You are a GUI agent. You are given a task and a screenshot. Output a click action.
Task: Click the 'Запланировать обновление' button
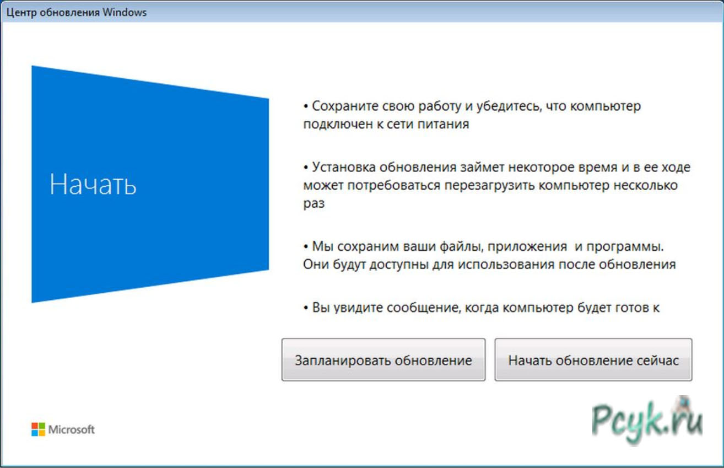tap(383, 359)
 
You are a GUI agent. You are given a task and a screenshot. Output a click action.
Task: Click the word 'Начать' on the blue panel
tap(93, 184)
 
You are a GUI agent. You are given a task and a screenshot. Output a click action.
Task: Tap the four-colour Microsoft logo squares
tap(38, 429)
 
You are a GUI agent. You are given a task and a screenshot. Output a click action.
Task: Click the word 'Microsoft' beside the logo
tap(72, 429)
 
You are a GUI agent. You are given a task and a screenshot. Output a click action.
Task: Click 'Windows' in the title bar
tap(125, 12)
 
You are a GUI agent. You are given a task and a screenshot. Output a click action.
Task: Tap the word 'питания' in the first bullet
tap(443, 124)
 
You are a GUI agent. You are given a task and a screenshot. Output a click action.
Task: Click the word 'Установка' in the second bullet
tap(344, 167)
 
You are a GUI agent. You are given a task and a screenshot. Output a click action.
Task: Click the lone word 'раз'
tap(314, 204)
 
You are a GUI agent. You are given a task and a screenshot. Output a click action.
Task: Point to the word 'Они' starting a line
tap(316, 264)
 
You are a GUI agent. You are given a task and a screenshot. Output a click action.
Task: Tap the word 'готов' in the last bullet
tap(631, 308)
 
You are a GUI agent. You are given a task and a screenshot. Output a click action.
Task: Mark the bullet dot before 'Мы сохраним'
tap(306, 247)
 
